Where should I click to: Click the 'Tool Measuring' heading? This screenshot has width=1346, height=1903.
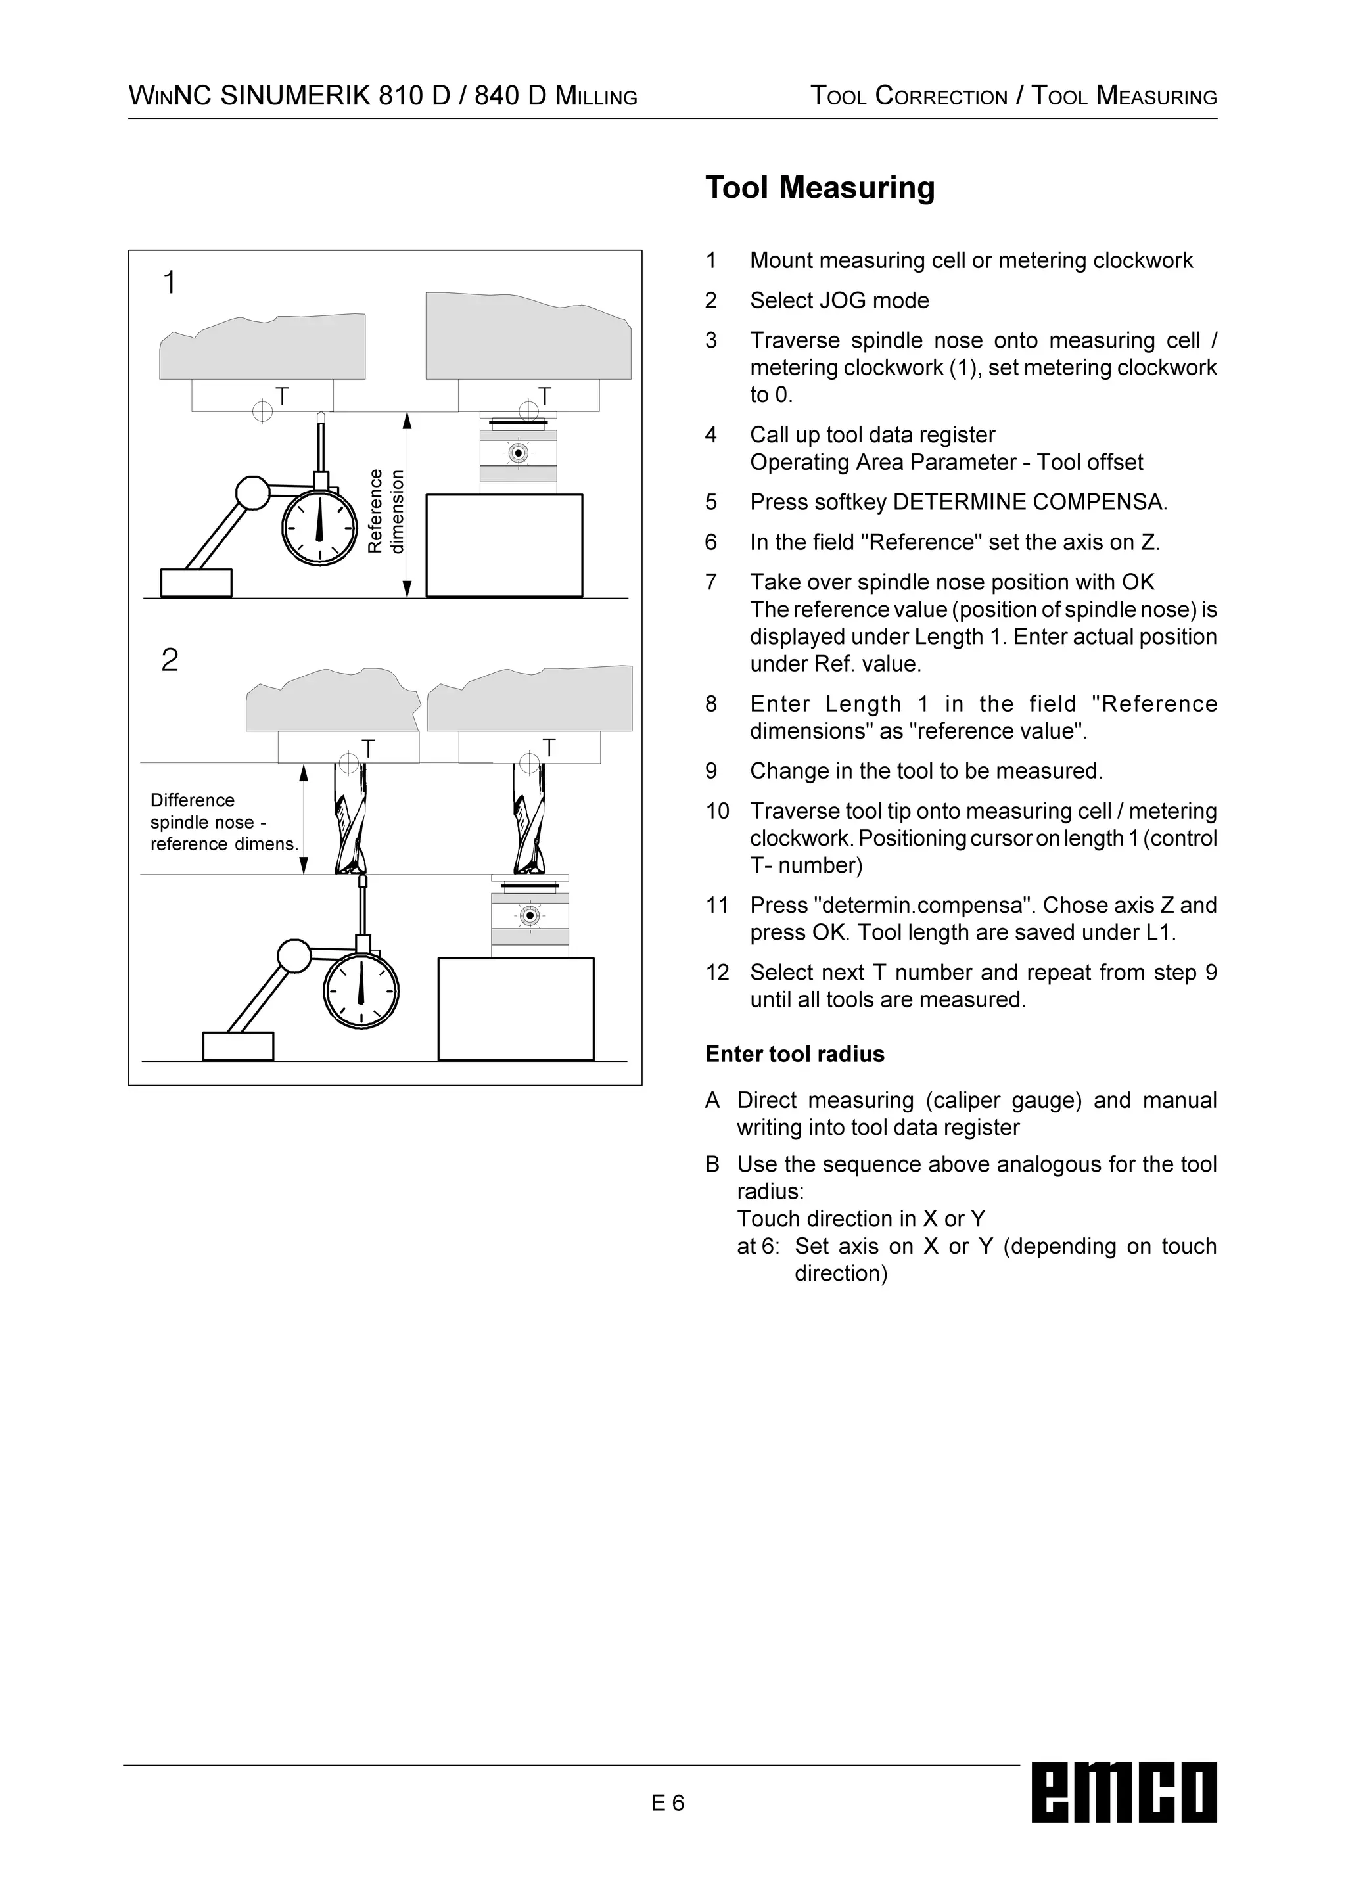point(820,188)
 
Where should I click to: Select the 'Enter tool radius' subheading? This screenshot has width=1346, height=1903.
point(794,1054)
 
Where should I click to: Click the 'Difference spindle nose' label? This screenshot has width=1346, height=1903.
point(222,822)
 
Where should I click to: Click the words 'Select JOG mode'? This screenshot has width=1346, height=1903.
point(839,301)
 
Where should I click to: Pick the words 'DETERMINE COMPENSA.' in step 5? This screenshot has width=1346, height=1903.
point(1029,502)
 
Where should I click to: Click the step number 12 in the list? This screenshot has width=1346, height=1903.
point(717,973)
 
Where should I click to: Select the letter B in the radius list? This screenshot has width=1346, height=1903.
point(712,1164)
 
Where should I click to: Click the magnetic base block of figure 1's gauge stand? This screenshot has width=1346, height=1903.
point(196,583)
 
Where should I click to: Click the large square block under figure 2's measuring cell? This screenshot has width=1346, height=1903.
point(515,1009)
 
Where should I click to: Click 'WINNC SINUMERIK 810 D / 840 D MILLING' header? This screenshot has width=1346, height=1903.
point(383,96)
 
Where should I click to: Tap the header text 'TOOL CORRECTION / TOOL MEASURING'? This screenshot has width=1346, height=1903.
point(1013,96)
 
